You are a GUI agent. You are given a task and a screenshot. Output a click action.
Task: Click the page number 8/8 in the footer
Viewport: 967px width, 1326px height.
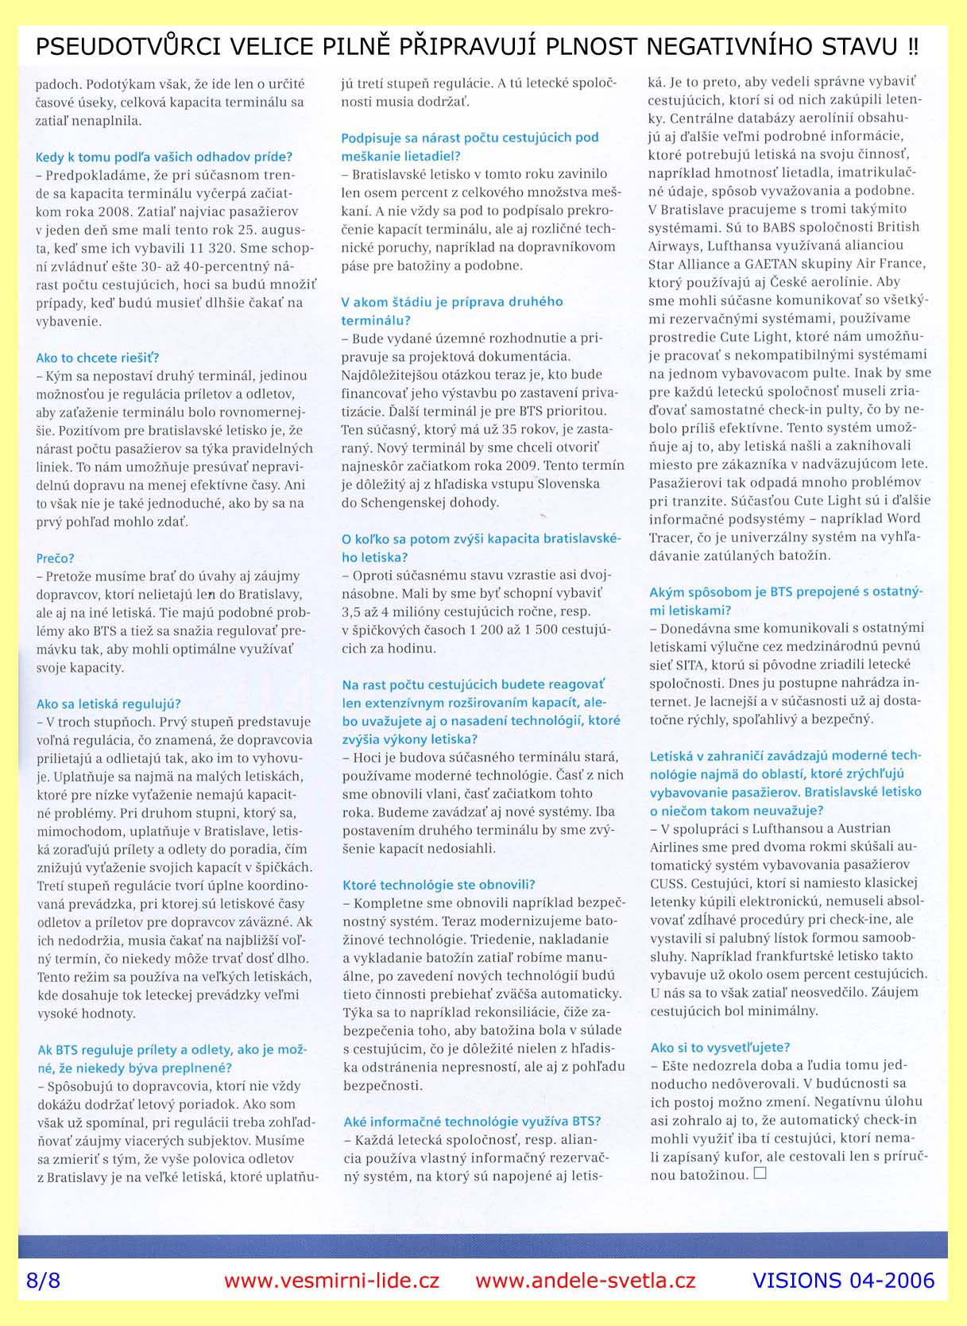pyautogui.click(x=43, y=1280)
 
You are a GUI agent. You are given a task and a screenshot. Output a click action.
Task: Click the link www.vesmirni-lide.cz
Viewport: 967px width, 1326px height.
pyautogui.click(x=331, y=1280)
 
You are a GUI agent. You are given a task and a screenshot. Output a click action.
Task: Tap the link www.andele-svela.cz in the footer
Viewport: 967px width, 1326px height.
pyautogui.click(x=586, y=1280)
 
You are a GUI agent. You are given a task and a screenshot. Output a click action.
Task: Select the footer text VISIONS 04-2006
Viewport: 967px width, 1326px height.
pyautogui.click(x=843, y=1280)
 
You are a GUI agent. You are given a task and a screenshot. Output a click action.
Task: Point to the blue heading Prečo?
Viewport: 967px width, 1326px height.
pyautogui.click(x=55, y=558)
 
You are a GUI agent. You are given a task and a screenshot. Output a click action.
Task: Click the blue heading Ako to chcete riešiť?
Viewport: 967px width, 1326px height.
pyautogui.click(x=98, y=358)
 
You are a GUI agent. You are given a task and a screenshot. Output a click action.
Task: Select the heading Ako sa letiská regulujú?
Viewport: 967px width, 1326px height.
pyautogui.click(x=109, y=704)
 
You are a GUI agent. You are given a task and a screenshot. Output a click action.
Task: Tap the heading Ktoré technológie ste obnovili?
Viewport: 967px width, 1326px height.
pyautogui.click(x=439, y=885)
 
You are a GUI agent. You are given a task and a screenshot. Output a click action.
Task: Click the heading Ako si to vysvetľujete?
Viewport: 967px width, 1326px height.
pyautogui.click(x=720, y=1047)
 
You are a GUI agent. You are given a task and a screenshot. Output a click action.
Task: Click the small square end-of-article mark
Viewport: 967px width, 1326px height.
pyautogui.click(x=759, y=1173)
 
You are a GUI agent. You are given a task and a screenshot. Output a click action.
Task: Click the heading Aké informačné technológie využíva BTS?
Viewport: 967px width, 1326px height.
pyautogui.click(x=472, y=1121)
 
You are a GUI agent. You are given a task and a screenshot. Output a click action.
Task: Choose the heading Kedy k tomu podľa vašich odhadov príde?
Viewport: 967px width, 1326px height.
pyautogui.click(x=164, y=157)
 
